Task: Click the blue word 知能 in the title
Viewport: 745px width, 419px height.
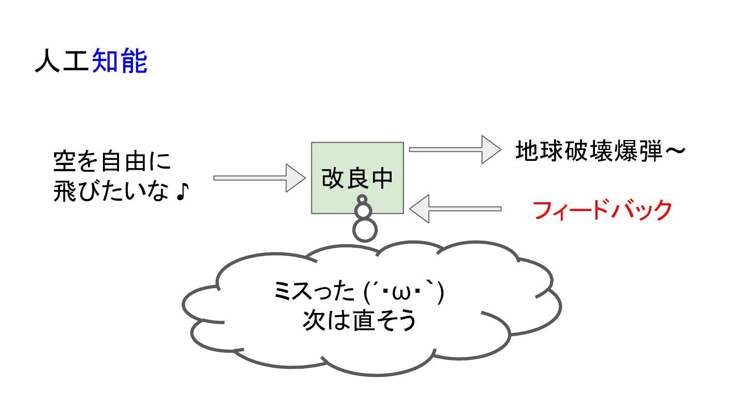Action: [x=120, y=61]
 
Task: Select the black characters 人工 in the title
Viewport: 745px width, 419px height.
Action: [x=63, y=61]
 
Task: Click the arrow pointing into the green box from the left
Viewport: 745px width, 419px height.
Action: [x=259, y=178]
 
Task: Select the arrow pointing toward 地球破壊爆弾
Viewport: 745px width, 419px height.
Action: [x=455, y=149]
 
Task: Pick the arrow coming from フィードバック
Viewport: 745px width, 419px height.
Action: [x=455, y=209]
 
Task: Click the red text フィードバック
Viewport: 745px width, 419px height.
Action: [x=602, y=210]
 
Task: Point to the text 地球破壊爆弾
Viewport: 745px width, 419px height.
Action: [x=589, y=151]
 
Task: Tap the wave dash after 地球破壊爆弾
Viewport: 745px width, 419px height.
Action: [x=675, y=151]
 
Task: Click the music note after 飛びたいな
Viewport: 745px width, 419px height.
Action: [x=182, y=192]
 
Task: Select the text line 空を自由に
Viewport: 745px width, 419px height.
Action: [x=112, y=162]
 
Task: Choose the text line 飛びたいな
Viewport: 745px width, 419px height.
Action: [x=111, y=191]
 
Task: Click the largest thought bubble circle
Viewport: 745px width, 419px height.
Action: [x=365, y=230]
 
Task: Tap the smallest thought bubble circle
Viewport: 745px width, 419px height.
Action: [x=362, y=199]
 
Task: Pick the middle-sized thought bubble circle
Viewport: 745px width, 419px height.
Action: [x=363, y=211]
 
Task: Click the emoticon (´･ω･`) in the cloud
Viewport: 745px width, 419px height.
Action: [x=404, y=292]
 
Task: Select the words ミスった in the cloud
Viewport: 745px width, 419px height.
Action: [x=315, y=291]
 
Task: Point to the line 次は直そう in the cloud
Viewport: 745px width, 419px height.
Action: [x=359, y=321]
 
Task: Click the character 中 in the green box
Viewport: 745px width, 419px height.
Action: [x=382, y=178]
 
